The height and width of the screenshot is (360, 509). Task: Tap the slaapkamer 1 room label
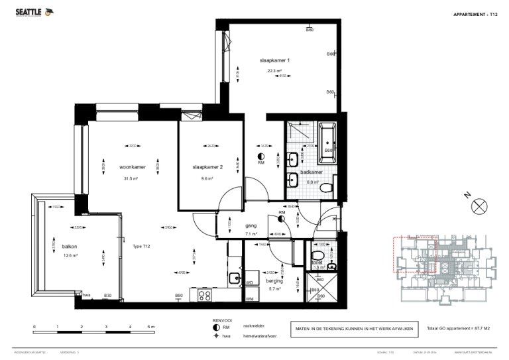pos(274,60)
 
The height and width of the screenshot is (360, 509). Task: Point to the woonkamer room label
pos(133,167)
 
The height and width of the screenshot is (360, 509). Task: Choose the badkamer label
pos(311,172)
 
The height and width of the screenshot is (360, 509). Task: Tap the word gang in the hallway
pos(251,225)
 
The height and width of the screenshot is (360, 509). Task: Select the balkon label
pos(70,246)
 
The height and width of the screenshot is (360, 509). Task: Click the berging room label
pos(274,281)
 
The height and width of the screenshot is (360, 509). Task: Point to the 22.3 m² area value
pos(274,71)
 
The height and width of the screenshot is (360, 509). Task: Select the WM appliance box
pos(250,299)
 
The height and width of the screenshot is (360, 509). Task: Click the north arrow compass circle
pos(478,207)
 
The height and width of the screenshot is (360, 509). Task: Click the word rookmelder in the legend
pos(254,327)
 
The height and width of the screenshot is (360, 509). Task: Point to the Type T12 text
pos(142,246)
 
